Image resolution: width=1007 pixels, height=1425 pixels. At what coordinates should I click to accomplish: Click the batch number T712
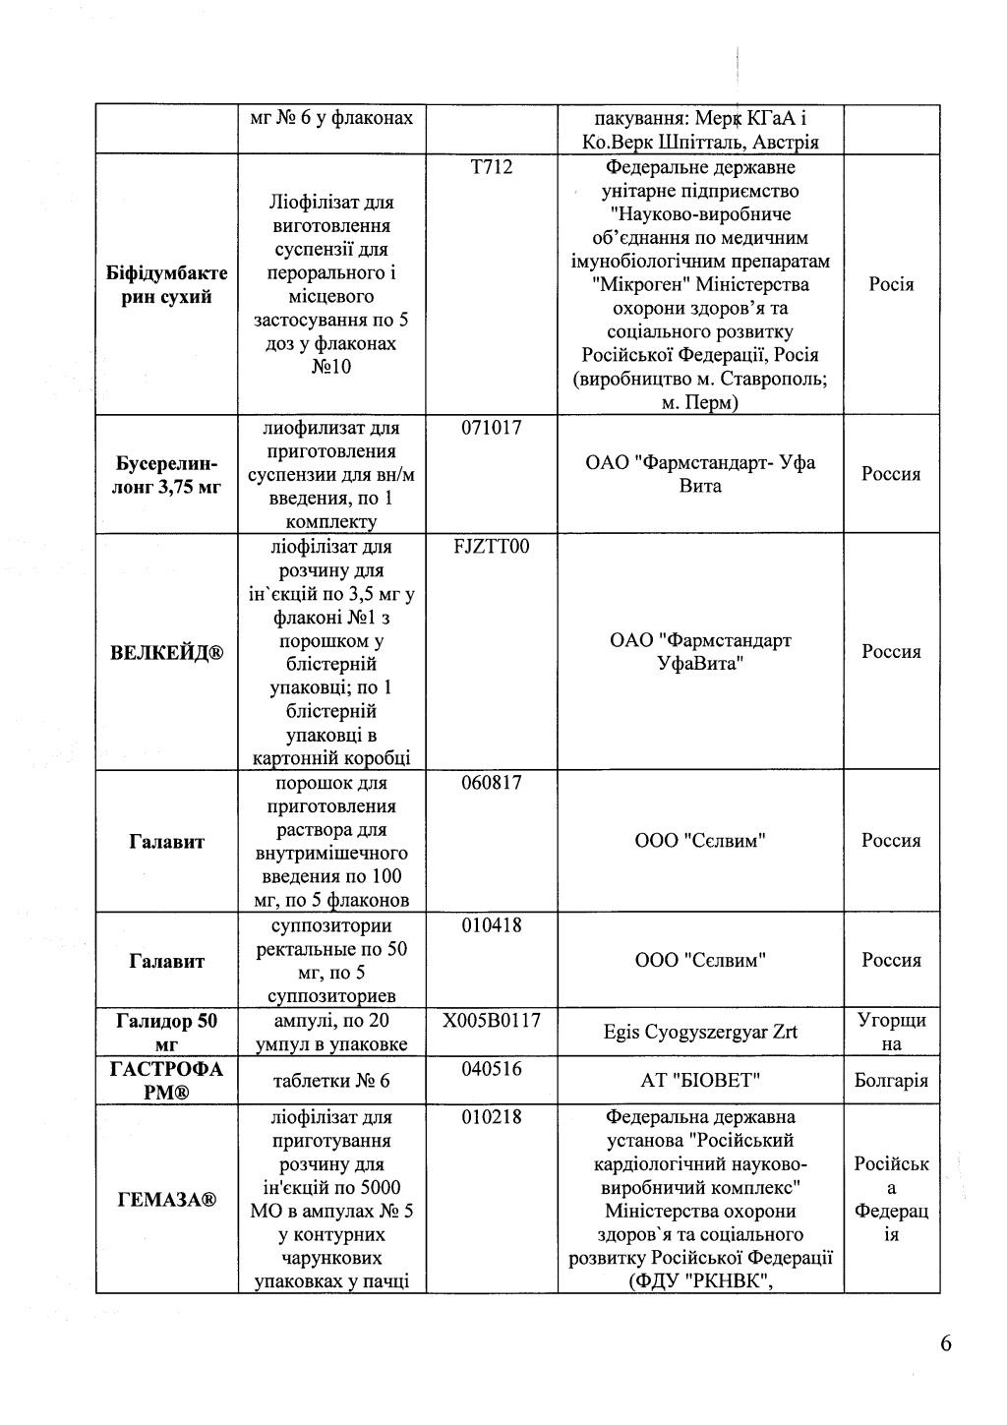pos(492,167)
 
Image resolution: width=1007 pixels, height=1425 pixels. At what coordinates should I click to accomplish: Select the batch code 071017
pos(492,428)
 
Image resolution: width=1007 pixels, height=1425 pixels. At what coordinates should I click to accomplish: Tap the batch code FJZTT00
pos(492,547)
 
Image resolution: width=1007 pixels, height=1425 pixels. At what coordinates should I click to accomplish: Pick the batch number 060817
pos(492,783)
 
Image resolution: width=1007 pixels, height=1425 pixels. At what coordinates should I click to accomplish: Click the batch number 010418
pos(492,925)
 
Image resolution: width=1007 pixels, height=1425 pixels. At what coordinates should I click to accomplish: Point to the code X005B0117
pos(492,1021)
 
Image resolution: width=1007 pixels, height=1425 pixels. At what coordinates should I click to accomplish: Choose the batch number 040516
pos(492,1069)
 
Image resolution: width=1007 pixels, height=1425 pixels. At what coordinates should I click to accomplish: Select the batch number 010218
pos(492,1117)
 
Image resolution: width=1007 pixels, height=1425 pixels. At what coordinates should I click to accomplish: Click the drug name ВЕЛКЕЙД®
pos(166,653)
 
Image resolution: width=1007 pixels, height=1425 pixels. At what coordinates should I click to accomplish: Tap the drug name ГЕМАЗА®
pos(166,1200)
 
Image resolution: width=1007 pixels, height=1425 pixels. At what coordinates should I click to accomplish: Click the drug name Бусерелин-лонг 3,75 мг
pos(166,474)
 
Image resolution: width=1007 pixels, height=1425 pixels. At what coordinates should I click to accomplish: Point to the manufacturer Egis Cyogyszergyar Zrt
pos(700,1033)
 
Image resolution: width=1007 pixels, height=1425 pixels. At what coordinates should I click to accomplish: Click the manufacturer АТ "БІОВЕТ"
pos(700,1081)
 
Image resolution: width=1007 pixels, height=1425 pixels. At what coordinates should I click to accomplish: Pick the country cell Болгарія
pos(891,1081)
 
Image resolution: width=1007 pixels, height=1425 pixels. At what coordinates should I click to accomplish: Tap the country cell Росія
pos(891,284)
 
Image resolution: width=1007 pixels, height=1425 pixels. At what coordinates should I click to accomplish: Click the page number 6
pos(946,1344)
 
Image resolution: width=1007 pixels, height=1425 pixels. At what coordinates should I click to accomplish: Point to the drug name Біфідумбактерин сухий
pos(166,284)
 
